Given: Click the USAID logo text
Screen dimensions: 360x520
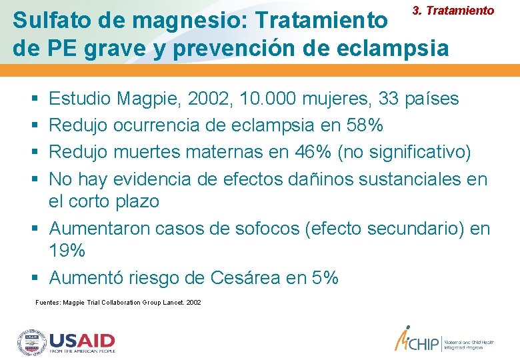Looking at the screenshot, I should [82, 340].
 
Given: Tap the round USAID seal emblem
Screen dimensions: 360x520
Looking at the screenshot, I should [31, 342].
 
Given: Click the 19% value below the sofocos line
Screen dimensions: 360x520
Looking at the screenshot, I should [67, 251].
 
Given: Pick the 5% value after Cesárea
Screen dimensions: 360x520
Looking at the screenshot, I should [325, 277].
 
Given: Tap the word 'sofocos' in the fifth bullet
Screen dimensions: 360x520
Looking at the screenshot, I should [267, 229].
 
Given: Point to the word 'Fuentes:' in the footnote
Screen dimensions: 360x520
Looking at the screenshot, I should [47, 303].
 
